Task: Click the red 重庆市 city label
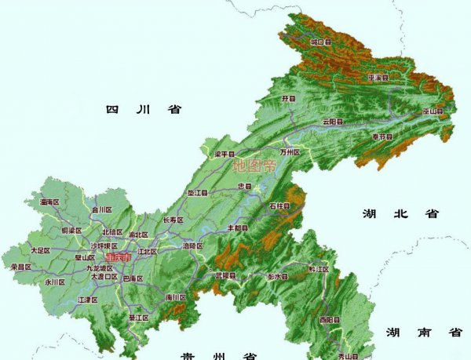click(119, 256)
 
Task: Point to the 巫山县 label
click(433, 112)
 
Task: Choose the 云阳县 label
click(333, 122)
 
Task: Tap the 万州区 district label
click(290, 151)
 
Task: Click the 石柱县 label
click(279, 205)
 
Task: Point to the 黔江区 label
click(319, 269)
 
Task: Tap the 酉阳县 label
click(329, 320)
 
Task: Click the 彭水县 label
click(277, 277)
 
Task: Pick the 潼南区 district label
click(49, 202)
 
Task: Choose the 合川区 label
click(102, 210)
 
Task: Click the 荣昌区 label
click(21, 267)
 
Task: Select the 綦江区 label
click(138, 318)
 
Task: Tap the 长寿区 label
click(172, 221)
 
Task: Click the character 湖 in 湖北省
click(370, 213)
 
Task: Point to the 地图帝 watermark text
click(255, 166)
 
